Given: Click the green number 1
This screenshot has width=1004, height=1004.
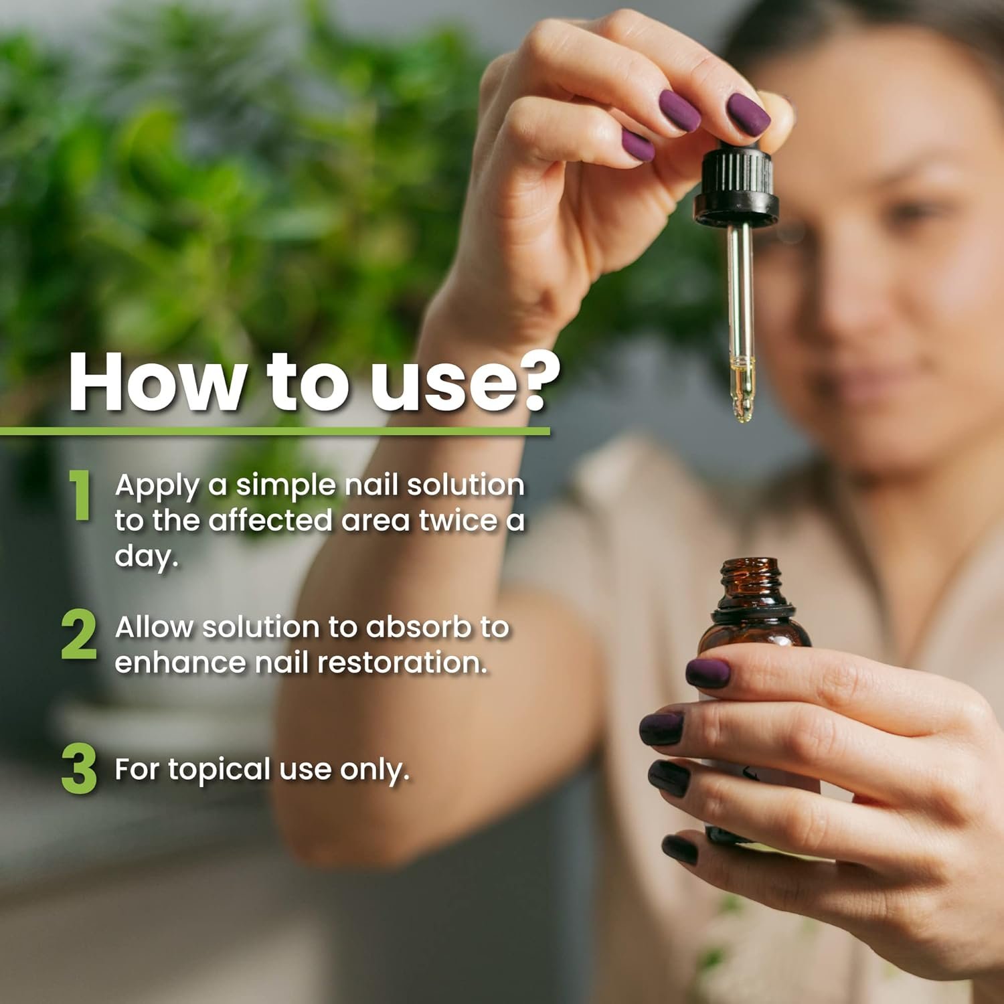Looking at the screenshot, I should (x=81, y=495).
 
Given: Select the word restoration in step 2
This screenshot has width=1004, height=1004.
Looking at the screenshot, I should (x=402, y=663).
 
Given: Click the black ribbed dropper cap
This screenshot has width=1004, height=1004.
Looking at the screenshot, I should (x=736, y=181).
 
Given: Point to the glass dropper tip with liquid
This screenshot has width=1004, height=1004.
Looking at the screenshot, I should (x=742, y=395).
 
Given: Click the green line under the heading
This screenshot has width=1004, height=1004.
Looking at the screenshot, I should (x=274, y=432).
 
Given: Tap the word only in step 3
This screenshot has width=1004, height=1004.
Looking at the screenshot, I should (x=374, y=770).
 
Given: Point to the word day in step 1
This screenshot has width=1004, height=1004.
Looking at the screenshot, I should (x=146, y=557).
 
